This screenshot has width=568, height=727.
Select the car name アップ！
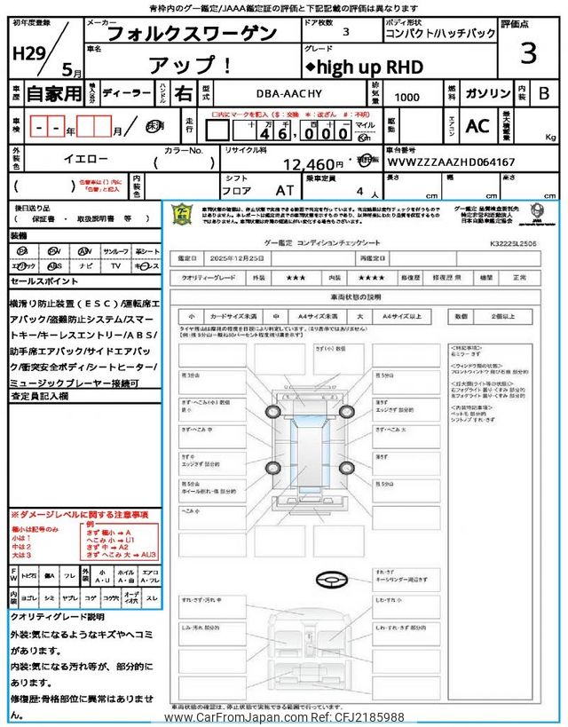189,65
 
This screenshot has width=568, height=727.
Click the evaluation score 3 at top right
528,53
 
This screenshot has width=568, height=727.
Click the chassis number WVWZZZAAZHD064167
450,162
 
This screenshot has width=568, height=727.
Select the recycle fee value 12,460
313,163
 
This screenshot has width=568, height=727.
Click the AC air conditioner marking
477,126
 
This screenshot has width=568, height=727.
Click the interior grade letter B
543,92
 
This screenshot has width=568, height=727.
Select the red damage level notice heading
79,515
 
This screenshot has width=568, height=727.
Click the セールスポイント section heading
44,281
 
